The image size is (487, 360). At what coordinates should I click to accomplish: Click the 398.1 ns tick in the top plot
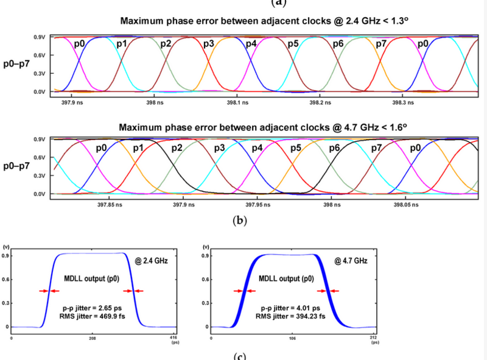234,104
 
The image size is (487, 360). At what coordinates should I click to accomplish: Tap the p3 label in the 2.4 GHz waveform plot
209,44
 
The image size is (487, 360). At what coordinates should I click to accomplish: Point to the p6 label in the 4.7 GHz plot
334,148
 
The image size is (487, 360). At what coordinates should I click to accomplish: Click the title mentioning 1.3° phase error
263,22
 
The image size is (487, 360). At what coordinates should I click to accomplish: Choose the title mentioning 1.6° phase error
263,127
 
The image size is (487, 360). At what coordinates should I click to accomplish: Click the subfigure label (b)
240,221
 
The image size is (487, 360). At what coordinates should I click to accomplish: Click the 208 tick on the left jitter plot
92,338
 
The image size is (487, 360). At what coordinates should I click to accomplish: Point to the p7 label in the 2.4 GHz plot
382,44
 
